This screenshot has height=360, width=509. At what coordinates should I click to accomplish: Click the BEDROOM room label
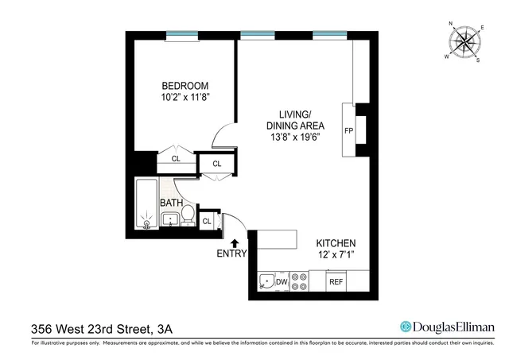[x=185, y=86]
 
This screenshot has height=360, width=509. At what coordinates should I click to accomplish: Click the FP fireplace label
[x=348, y=130]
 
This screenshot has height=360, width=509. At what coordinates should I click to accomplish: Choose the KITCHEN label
[x=336, y=243]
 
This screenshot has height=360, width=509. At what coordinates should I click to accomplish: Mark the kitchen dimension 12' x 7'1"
[x=336, y=256]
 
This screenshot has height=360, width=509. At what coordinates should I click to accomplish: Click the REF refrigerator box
[x=336, y=281]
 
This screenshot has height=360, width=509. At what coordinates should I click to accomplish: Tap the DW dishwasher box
[x=282, y=281]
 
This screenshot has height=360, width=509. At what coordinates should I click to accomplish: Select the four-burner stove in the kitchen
[x=300, y=281]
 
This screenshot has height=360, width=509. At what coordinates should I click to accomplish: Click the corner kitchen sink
[x=266, y=281]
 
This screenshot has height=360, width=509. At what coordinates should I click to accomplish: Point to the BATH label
[x=171, y=203]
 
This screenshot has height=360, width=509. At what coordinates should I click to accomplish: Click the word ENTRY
[x=232, y=254]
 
